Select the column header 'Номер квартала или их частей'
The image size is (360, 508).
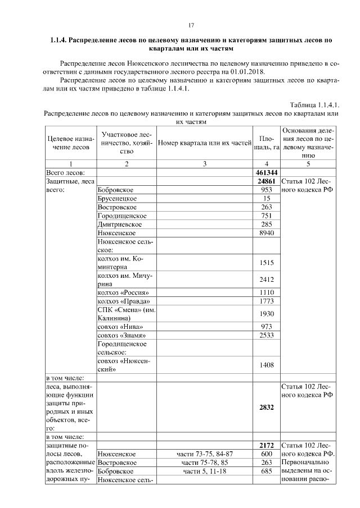coord(204,143)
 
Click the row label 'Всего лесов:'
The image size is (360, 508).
coord(65,172)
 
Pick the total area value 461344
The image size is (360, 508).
coord(267,172)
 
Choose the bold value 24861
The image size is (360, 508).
coord(267,181)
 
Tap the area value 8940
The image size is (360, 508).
coord(267,233)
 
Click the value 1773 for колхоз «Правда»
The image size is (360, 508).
coord(267,301)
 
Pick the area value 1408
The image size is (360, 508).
coord(267,365)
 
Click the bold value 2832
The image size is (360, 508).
coord(267,408)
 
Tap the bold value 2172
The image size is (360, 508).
coord(267,445)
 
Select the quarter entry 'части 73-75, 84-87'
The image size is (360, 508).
coord(204,454)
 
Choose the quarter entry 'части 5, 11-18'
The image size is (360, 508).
coord(204,471)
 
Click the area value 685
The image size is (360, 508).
coord(267,471)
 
